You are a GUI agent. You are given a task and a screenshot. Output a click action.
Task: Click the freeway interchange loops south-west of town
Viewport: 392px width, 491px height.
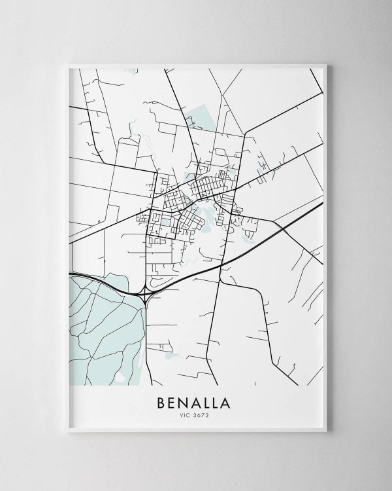145,297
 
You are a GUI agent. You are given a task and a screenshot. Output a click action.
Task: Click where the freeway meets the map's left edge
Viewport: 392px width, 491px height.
69,273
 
